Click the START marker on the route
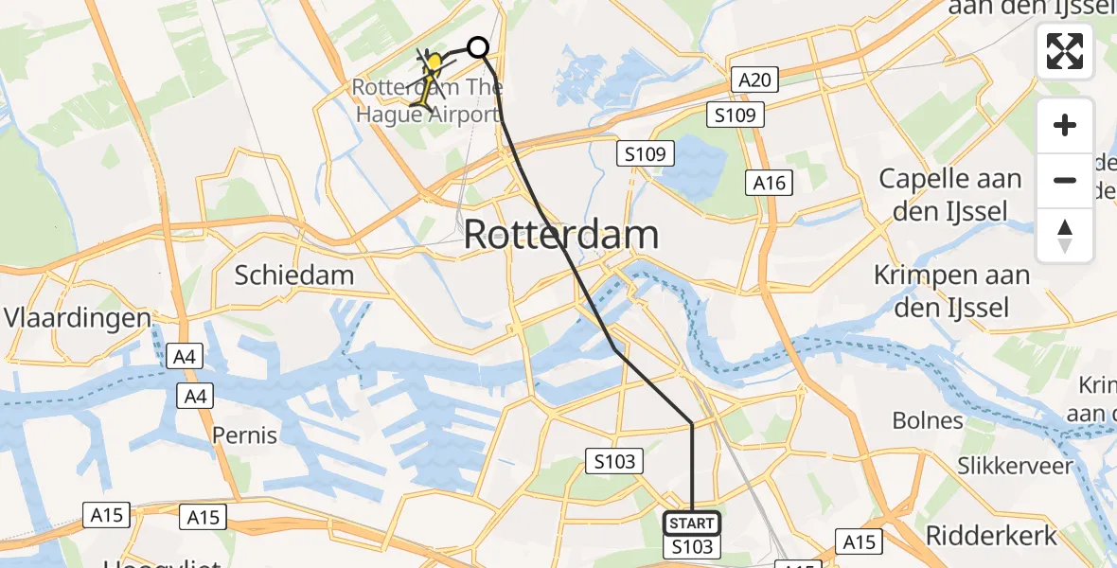click(x=692, y=524)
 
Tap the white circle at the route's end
click(x=478, y=47)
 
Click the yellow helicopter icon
click(x=434, y=63)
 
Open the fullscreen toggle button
click(x=1065, y=51)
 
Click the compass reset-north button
click(x=1065, y=236)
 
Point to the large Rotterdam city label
click(x=560, y=235)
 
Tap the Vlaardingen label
click(x=79, y=317)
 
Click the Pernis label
click(x=245, y=435)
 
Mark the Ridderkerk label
click(x=991, y=536)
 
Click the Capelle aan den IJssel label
click(x=950, y=194)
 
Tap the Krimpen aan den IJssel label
click(x=951, y=292)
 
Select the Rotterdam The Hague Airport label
click(x=426, y=101)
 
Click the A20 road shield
click(x=754, y=80)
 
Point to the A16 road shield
click(x=769, y=183)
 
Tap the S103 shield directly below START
click(x=691, y=547)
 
